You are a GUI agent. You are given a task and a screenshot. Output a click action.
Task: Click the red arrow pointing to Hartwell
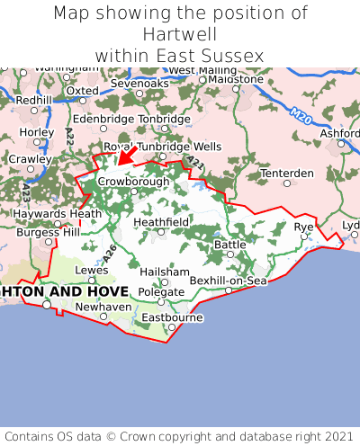click(127, 156)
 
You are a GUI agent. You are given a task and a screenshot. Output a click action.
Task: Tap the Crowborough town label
click(133, 181)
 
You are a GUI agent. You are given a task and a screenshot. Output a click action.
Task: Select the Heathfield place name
click(161, 221)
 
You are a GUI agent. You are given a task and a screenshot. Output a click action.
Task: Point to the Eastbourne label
click(173, 317)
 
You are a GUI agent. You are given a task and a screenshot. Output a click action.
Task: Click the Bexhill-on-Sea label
click(229, 281)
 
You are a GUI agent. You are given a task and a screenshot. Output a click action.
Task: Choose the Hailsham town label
click(165, 272)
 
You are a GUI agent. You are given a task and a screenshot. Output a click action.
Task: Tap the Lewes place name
click(91, 269)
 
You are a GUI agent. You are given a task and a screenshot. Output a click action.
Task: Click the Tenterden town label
click(286, 173)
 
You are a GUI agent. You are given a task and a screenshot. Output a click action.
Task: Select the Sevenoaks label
click(139, 84)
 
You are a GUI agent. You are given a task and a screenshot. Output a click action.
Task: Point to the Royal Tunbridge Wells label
click(162, 147)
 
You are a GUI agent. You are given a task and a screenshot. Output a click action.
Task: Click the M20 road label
click(301, 115)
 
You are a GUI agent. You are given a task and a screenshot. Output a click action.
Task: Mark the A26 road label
click(110, 254)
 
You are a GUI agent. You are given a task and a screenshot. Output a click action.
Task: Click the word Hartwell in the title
click(180, 34)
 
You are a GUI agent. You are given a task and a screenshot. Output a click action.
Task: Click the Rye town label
click(304, 227)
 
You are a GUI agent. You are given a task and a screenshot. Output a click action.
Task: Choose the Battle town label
click(229, 245)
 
